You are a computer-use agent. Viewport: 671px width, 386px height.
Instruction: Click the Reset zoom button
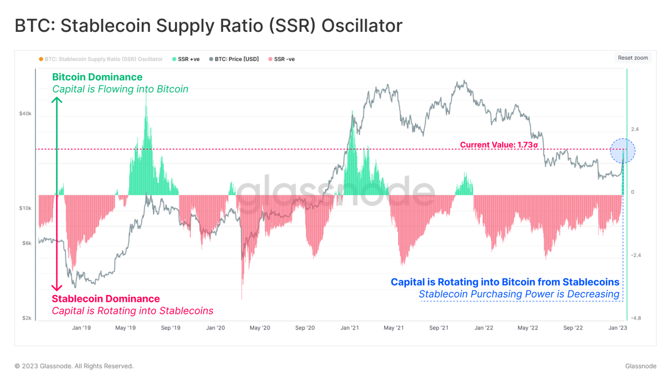click(633, 58)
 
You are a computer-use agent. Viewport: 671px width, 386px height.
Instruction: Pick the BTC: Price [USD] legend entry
click(237, 59)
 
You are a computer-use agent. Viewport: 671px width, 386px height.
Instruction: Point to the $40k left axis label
click(25, 113)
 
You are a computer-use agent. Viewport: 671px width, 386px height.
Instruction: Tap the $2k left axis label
click(27, 318)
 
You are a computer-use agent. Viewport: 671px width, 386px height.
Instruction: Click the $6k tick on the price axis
click(27, 242)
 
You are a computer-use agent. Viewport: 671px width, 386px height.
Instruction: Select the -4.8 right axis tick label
click(636, 318)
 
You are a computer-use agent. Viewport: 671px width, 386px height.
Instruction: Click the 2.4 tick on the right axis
click(635, 130)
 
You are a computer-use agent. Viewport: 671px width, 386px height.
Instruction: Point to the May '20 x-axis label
click(259, 328)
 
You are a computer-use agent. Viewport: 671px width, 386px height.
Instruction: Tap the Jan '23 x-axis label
click(617, 328)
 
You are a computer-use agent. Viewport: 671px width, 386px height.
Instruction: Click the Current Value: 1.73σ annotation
click(499, 145)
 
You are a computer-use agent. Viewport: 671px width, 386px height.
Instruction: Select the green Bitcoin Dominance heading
click(97, 77)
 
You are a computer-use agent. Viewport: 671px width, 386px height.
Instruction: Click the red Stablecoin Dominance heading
click(106, 299)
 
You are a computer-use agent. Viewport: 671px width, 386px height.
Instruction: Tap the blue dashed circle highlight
click(622, 151)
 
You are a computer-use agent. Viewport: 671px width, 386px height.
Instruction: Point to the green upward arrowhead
click(56, 101)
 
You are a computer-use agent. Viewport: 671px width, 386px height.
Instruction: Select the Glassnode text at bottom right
click(641, 366)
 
